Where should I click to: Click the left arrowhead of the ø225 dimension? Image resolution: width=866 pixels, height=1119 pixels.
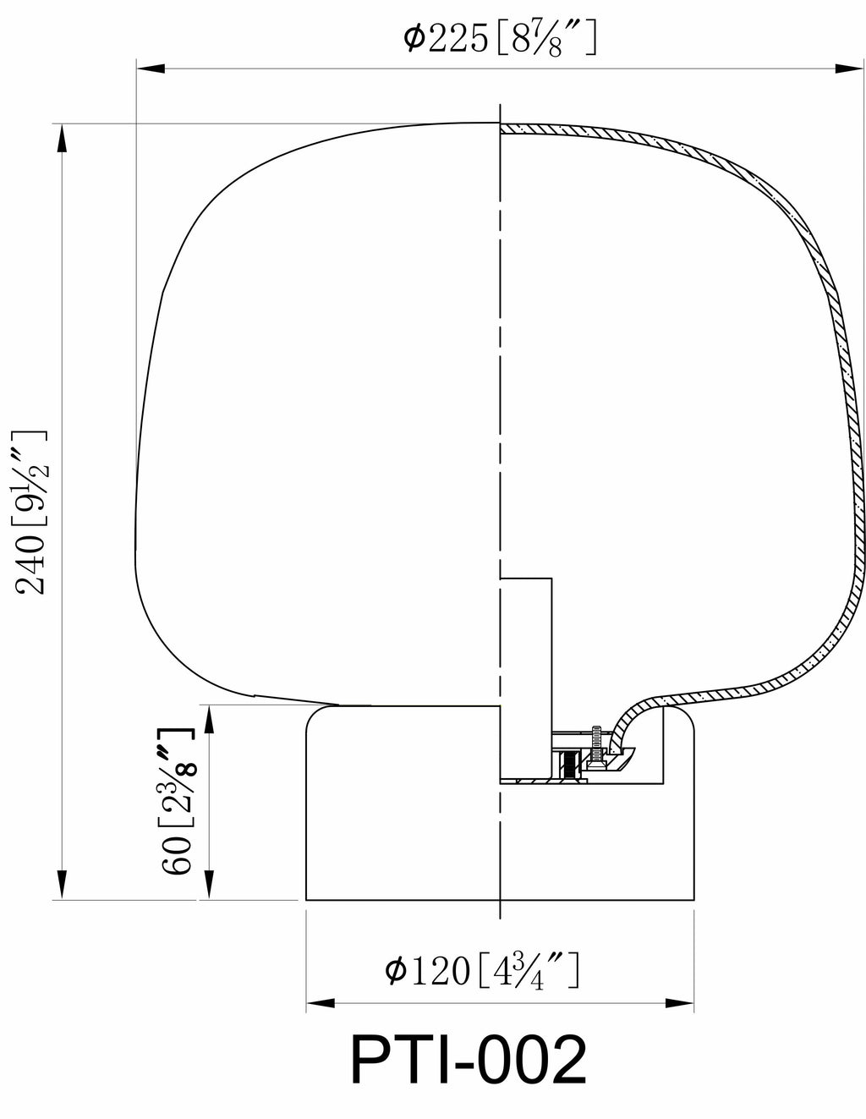click(151, 68)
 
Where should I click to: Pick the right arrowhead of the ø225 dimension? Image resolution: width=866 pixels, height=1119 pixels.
click(849, 68)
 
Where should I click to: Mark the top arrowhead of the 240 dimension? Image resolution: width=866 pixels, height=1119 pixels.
click(62, 138)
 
